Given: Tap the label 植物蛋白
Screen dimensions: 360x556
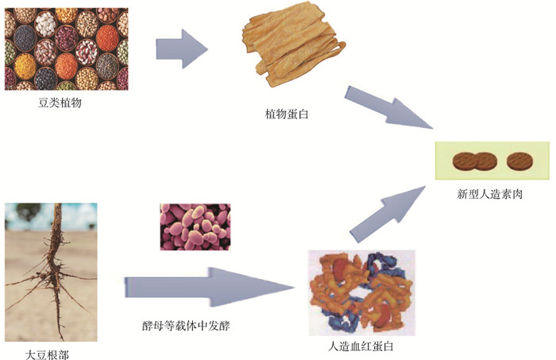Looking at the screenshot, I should pyautogui.click(x=286, y=115).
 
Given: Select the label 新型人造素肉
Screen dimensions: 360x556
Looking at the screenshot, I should pyautogui.click(x=490, y=193).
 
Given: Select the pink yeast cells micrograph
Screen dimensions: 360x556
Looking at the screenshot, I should pyautogui.click(x=195, y=226).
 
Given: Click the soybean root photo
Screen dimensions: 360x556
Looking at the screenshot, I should pyautogui.click(x=51, y=270).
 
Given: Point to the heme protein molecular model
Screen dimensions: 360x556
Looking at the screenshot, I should pyautogui.click(x=361, y=290).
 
